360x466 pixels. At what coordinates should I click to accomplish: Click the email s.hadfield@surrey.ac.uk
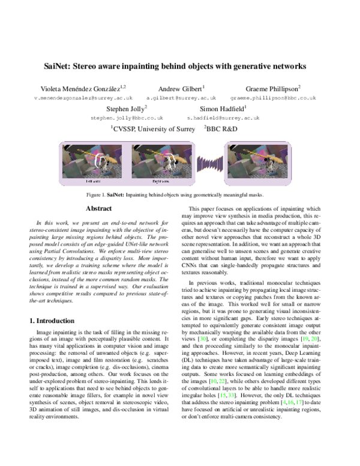click(223, 118)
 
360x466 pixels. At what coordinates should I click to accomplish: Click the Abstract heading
click(99, 208)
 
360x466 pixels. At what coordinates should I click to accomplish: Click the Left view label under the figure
click(93, 180)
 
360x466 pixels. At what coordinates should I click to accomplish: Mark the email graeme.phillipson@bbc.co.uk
click(273, 97)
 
